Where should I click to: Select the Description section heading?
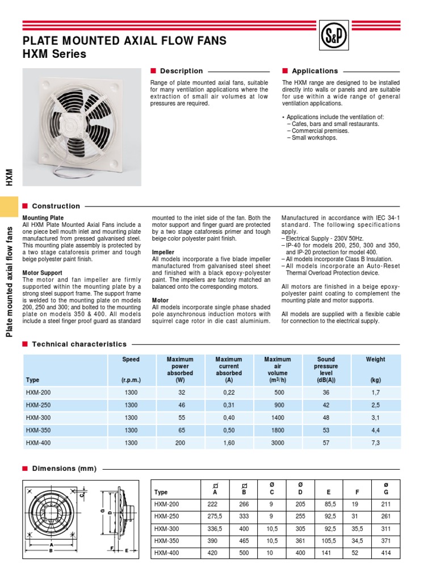181,71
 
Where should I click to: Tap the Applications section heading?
315,71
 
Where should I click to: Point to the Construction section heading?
56,206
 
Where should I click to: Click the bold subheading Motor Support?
43,256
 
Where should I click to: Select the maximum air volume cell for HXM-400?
278,443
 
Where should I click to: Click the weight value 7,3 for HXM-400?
375,443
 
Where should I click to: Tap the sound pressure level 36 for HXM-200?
326,392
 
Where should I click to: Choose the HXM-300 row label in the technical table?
38,418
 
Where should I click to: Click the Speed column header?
131,359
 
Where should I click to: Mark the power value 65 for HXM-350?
180,430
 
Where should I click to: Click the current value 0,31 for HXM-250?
229,405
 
